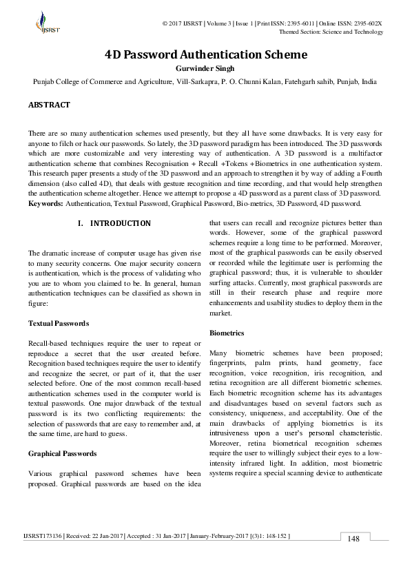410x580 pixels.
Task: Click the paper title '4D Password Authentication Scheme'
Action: [205, 54]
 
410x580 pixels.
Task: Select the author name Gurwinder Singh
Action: [205, 69]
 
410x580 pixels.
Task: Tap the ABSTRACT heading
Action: [49, 105]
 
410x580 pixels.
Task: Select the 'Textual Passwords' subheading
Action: [58, 323]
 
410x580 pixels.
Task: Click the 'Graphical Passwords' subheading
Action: [62, 454]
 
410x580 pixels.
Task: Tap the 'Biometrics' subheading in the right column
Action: [227, 333]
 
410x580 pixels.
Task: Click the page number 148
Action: [353, 538]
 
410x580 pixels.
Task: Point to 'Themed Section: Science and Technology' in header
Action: [330, 32]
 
